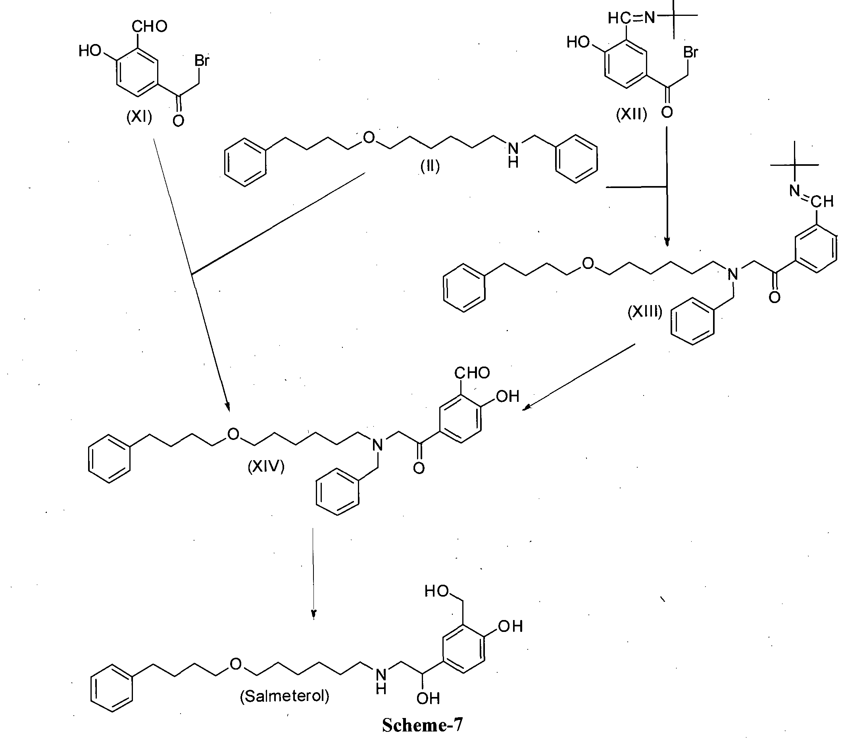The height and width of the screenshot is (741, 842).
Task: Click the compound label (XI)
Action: pos(139,117)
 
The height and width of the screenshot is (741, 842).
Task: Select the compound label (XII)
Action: pos(631,114)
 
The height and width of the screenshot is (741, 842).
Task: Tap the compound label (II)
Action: pos(430,166)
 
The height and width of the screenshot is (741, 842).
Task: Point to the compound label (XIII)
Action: pos(645,312)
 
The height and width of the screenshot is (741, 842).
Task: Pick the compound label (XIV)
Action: pos(266,466)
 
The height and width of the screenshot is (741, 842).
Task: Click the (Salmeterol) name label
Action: pos(285,696)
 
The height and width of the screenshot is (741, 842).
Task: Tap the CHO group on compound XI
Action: pos(149,26)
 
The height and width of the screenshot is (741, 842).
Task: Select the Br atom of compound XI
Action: pos(202,61)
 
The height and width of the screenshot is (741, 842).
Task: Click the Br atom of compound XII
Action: pos(690,52)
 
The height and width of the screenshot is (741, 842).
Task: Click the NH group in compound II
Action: pos(513,154)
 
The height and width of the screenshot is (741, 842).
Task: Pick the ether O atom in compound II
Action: pos(369,137)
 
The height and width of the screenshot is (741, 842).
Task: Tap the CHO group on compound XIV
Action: pos(472,373)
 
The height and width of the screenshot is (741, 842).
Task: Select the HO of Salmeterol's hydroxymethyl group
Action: pos(436,591)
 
